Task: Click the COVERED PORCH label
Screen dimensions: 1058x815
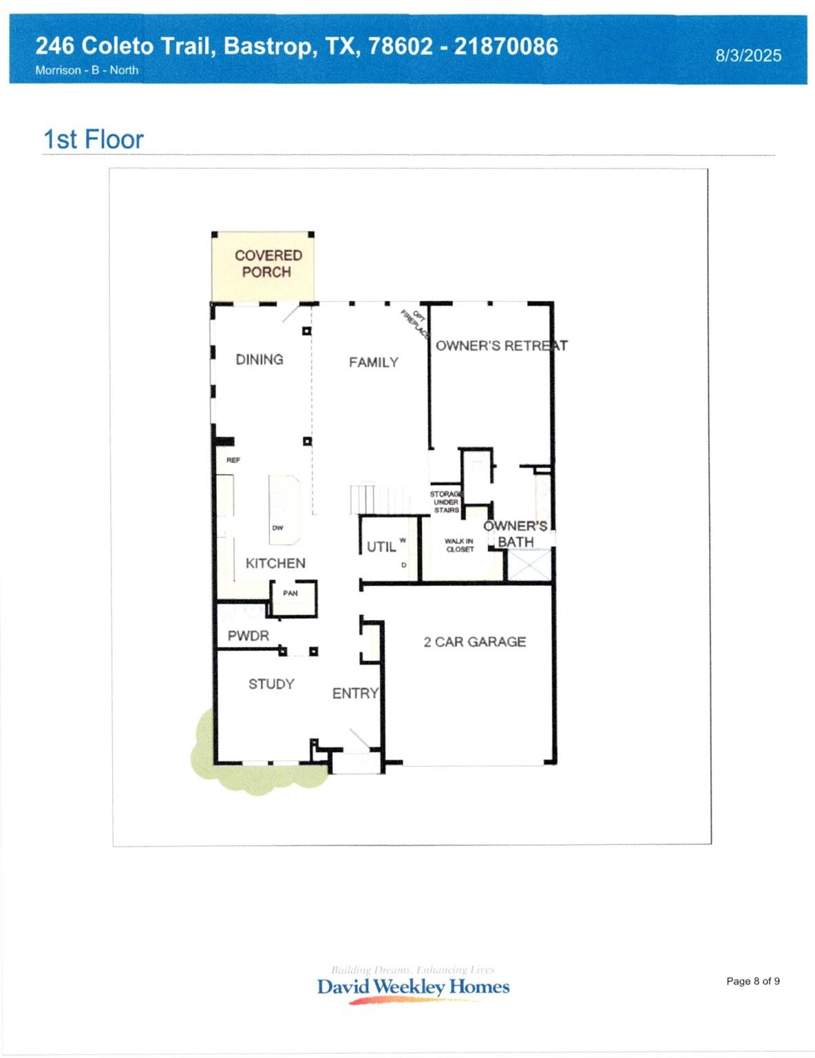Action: coord(268,264)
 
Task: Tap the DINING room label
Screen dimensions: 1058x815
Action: coord(260,360)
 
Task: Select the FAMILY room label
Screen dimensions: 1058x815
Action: coord(373,362)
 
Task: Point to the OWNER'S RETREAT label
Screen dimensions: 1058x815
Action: coord(501,346)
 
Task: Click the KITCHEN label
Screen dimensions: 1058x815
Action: coord(275,563)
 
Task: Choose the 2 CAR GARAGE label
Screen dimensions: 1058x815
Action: coord(474,642)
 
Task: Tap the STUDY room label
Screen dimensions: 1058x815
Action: coord(271,684)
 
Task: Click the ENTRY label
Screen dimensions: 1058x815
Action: coord(355,694)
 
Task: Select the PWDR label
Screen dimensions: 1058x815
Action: coord(248,636)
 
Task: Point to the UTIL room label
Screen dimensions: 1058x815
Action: coord(381,547)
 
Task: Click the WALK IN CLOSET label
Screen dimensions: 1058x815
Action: coord(459,546)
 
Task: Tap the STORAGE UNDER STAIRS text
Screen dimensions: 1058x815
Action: coord(445,502)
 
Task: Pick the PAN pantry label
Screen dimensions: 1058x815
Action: coord(290,593)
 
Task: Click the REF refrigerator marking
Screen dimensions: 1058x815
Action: coord(233,460)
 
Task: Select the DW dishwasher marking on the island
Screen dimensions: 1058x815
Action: coord(277,528)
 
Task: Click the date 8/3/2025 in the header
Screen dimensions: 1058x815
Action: coord(748,56)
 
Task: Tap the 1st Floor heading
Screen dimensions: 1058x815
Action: coord(93,140)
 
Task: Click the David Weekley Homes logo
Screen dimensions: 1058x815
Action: coord(413,986)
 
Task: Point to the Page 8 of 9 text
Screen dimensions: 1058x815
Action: coord(753,981)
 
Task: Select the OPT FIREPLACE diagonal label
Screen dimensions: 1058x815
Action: coord(416,324)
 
